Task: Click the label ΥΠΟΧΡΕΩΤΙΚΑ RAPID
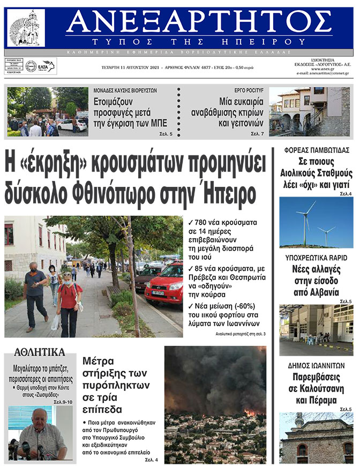316,258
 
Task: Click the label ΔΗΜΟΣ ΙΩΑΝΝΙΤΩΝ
316,366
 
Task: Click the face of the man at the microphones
39,418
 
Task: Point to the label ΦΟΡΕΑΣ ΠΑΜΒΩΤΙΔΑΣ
315,150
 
